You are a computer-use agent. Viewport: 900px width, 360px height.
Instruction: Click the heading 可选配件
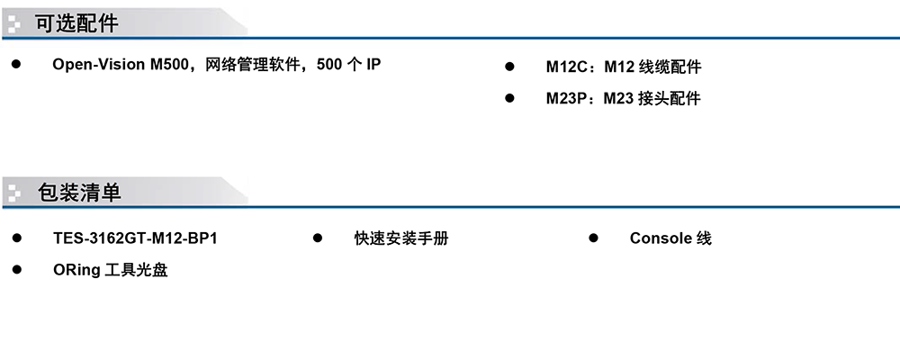pos(76,23)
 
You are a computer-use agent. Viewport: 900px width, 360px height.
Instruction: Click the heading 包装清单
pos(79,193)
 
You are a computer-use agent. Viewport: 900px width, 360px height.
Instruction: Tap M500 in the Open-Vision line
pos(169,64)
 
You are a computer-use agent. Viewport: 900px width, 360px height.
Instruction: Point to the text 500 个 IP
pos(348,64)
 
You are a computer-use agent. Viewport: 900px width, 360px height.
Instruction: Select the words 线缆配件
pos(670,67)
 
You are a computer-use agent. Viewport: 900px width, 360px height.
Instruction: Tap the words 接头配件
pos(670,99)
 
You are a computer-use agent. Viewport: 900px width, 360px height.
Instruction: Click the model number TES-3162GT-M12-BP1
pos(136,238)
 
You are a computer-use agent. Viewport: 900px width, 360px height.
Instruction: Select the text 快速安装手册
pos(401,238)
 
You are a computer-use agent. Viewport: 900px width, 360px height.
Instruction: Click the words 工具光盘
pos(137,270)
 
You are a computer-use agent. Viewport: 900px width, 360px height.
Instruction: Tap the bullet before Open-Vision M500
pos(16,64)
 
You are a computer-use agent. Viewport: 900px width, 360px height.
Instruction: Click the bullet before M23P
pos(509,98)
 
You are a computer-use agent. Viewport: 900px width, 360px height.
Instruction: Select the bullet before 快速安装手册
pos(318,238)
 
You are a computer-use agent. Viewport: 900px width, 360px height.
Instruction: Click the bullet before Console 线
pos(593,238)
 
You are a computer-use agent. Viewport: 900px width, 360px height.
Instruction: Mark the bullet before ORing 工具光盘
pos(16,269)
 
